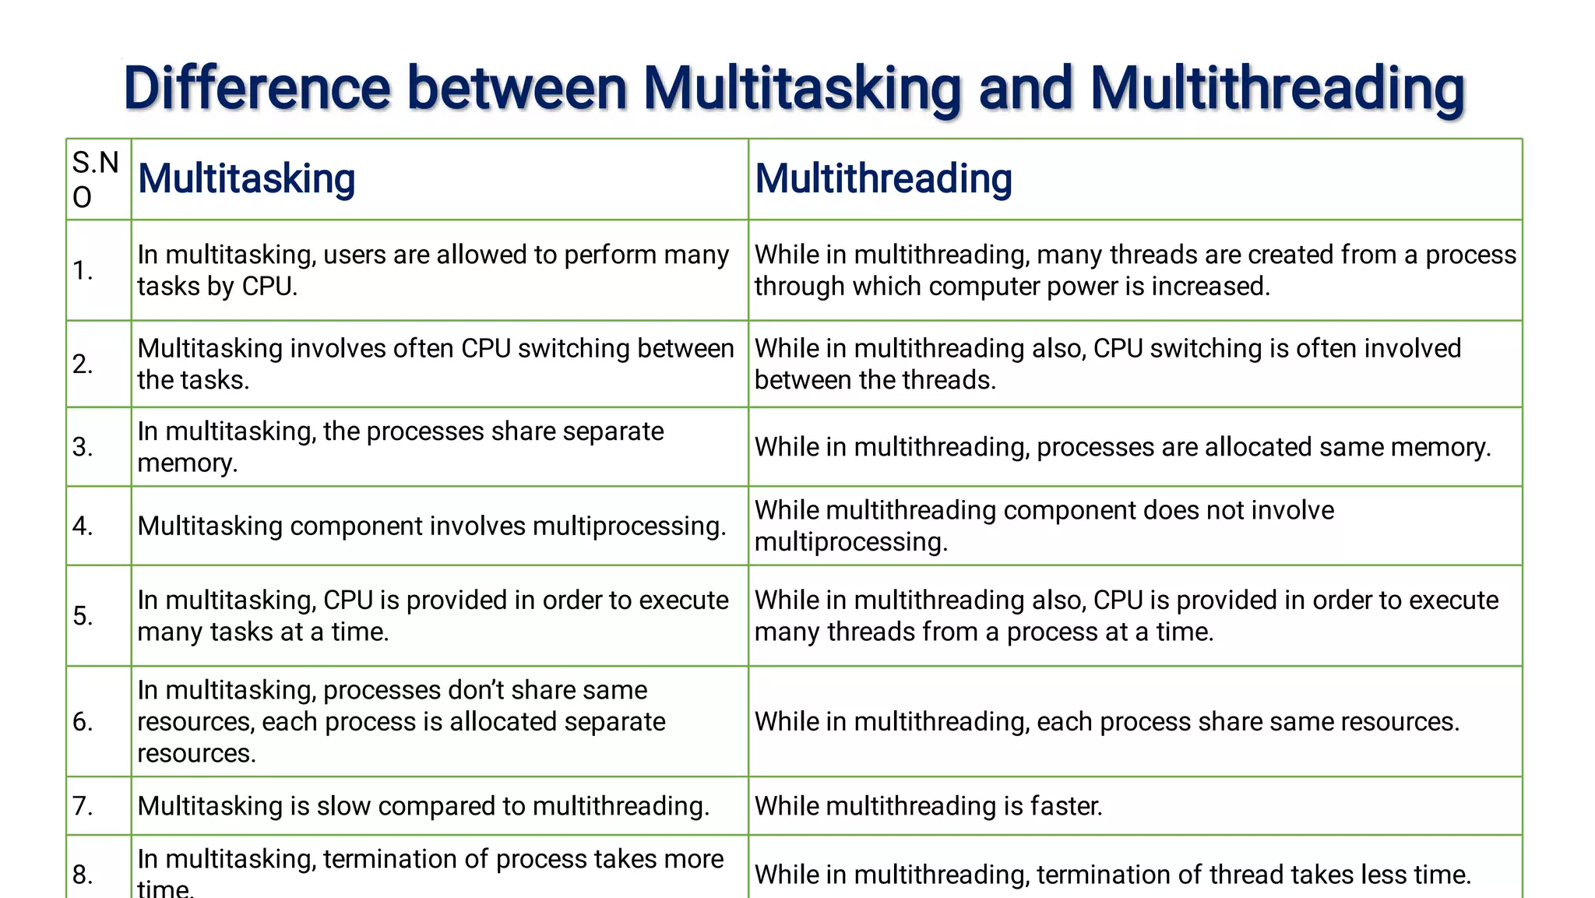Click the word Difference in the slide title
click(x=256, y=88)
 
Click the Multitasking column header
click(x=246, y=178)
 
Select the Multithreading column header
click(x=883, y=178)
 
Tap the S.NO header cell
click(x=96, y=179)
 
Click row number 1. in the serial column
click(x=83, y=270)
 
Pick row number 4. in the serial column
click(x=83, y=526)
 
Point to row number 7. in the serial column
click(x=83, y=805)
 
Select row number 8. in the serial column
click(x=83, y=874)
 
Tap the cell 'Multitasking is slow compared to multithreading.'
click(x=424, y=805)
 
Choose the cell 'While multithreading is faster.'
click(x=928, y=805)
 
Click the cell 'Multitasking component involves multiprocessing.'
click(x=431, y=526)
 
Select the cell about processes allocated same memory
click(x=1122, y=447)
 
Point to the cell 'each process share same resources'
click(x=1107, y=721)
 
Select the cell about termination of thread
click(x=1113, y=874)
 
